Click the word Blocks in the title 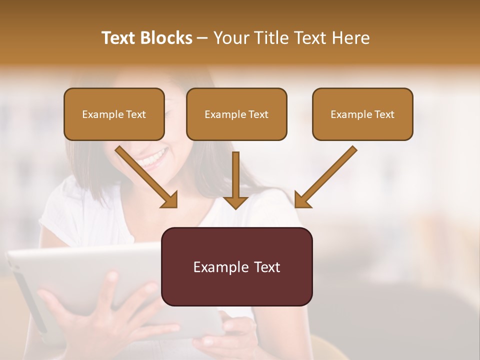click(166, 38)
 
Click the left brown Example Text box click(114, 114)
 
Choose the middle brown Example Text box click(236, 114)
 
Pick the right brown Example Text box click(362, 114)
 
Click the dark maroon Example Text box click(236, 266)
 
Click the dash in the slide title click(202, 38)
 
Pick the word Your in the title click(231, 38)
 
